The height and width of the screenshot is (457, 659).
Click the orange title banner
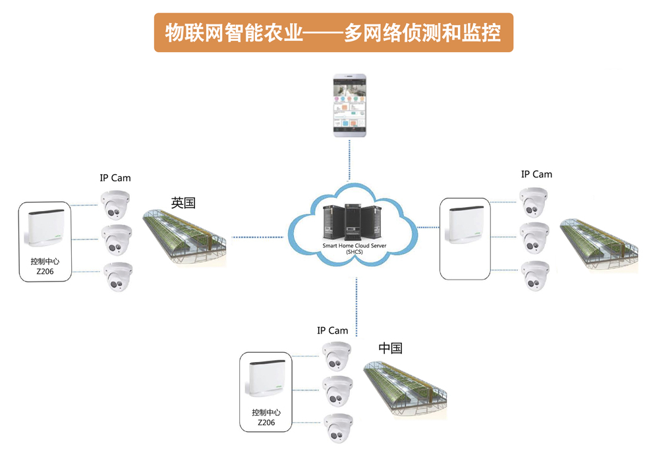[x=333, y=32]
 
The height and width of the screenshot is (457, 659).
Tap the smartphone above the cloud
[x=350, y=106]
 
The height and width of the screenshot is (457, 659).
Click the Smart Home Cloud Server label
[x=355, y=249]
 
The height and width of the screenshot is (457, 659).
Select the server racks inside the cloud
[x=352, y=222]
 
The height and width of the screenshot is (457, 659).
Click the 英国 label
[x=183, y=203]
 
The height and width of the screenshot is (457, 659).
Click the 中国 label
[x=390, y=348]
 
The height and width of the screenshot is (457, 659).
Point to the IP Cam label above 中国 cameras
[x=332, y=331]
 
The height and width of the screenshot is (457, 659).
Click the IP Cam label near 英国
[x=115, y=178]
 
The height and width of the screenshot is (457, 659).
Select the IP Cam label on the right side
[x=536, y=175]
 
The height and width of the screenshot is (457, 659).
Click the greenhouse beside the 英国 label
[x=185, y=237]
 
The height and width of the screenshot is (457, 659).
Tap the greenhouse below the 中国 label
[x=405, y=389]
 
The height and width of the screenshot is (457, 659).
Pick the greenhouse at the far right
[x=599, y=246]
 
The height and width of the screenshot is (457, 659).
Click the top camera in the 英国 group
[x=115, y=205]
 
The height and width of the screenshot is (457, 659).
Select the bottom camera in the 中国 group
[x=338, y=428]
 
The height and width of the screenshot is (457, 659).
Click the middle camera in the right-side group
[x=534, y=238]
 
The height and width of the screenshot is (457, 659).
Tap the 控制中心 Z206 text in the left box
[x=45, y=266]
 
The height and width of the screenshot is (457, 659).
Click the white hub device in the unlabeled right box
[x=466, y=225]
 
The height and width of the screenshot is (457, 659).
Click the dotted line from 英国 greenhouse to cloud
[x=258, y=237]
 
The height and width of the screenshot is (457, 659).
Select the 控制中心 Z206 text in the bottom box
[x=266, y=417]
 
